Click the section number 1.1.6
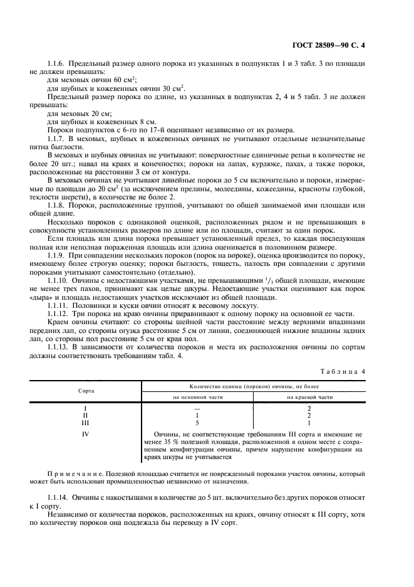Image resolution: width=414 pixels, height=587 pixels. [58, 65]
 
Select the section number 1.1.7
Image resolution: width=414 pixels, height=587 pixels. [58, 137]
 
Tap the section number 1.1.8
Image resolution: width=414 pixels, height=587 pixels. [58, 203]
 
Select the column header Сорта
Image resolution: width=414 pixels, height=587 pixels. [86, 390]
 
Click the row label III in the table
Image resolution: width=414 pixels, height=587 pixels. [85, 422]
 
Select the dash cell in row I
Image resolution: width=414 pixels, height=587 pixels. [197, 408]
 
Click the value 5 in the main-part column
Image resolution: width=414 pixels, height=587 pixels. [197, 422]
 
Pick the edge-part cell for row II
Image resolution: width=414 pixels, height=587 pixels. [309, 415]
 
